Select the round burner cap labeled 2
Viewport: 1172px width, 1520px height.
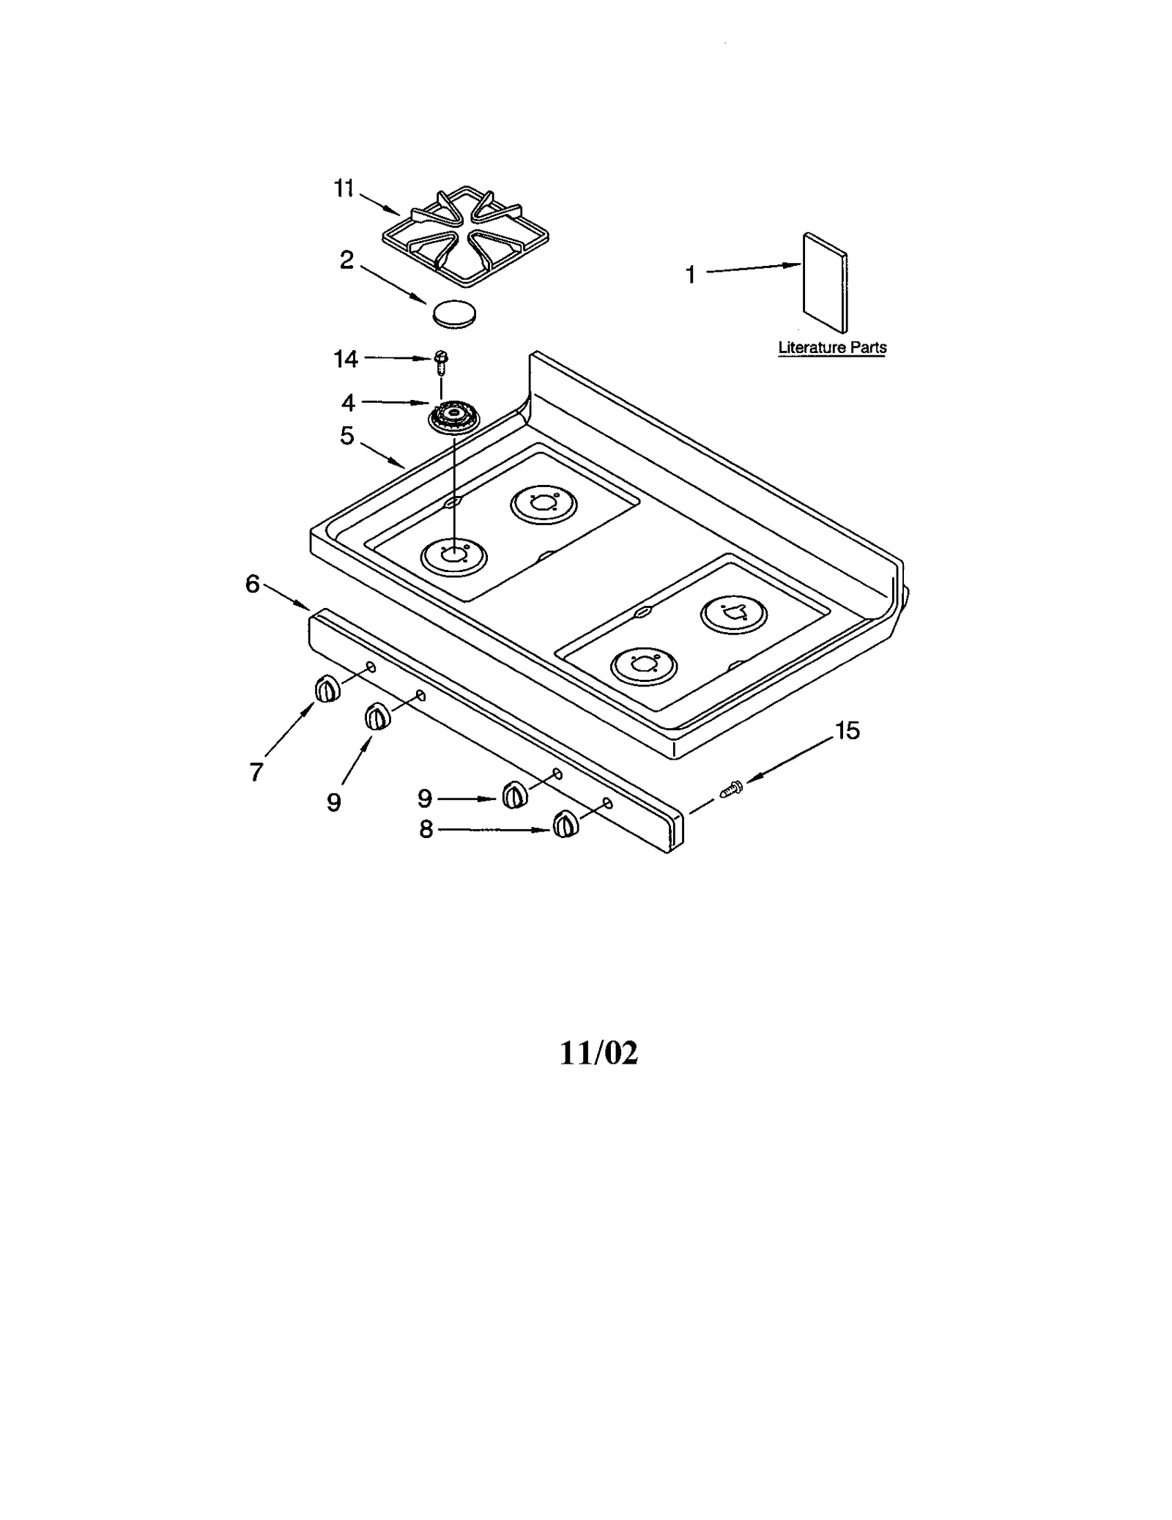pyautogui.click(x=454, y=313)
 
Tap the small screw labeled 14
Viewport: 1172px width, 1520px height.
pyautogui.click(x=441, y=361)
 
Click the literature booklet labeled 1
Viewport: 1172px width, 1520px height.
pyautogui.click(x=825, y=283)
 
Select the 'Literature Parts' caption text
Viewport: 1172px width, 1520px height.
pyautogui.click(x=832, y=347)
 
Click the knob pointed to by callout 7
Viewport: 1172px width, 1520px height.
pyautogui.click(x=327, y=689)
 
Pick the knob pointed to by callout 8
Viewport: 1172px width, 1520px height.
pyautogui.click(x=565, y=825)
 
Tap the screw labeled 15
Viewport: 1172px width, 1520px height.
pyautogui.click(x=732, y=789)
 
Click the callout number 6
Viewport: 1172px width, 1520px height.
pyautogui.click(x=252, y=584)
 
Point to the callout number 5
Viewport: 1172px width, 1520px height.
pyautogui.click(x=346, y=436)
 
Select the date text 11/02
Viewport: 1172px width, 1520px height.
pyautogui.click(x=598, y=1053)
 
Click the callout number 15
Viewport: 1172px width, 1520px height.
pyautogui.click(x=847, y=730)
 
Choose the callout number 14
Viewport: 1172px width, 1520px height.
pyautogui.click(x=346, y=358)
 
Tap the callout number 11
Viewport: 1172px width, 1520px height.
pyautogui.click(x=344, y=188)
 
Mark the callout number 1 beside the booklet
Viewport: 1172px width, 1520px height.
pyautogui.click(x=690, y=275)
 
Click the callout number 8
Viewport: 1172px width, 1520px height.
pyautogui.click(x=426, y=829)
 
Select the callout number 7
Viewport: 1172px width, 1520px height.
pyautogui.click(x=256, y=771)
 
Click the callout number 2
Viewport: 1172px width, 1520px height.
pyautogui.click(x=346, y=259)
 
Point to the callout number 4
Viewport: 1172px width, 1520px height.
pyautogui.click(x=348, y=402)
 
